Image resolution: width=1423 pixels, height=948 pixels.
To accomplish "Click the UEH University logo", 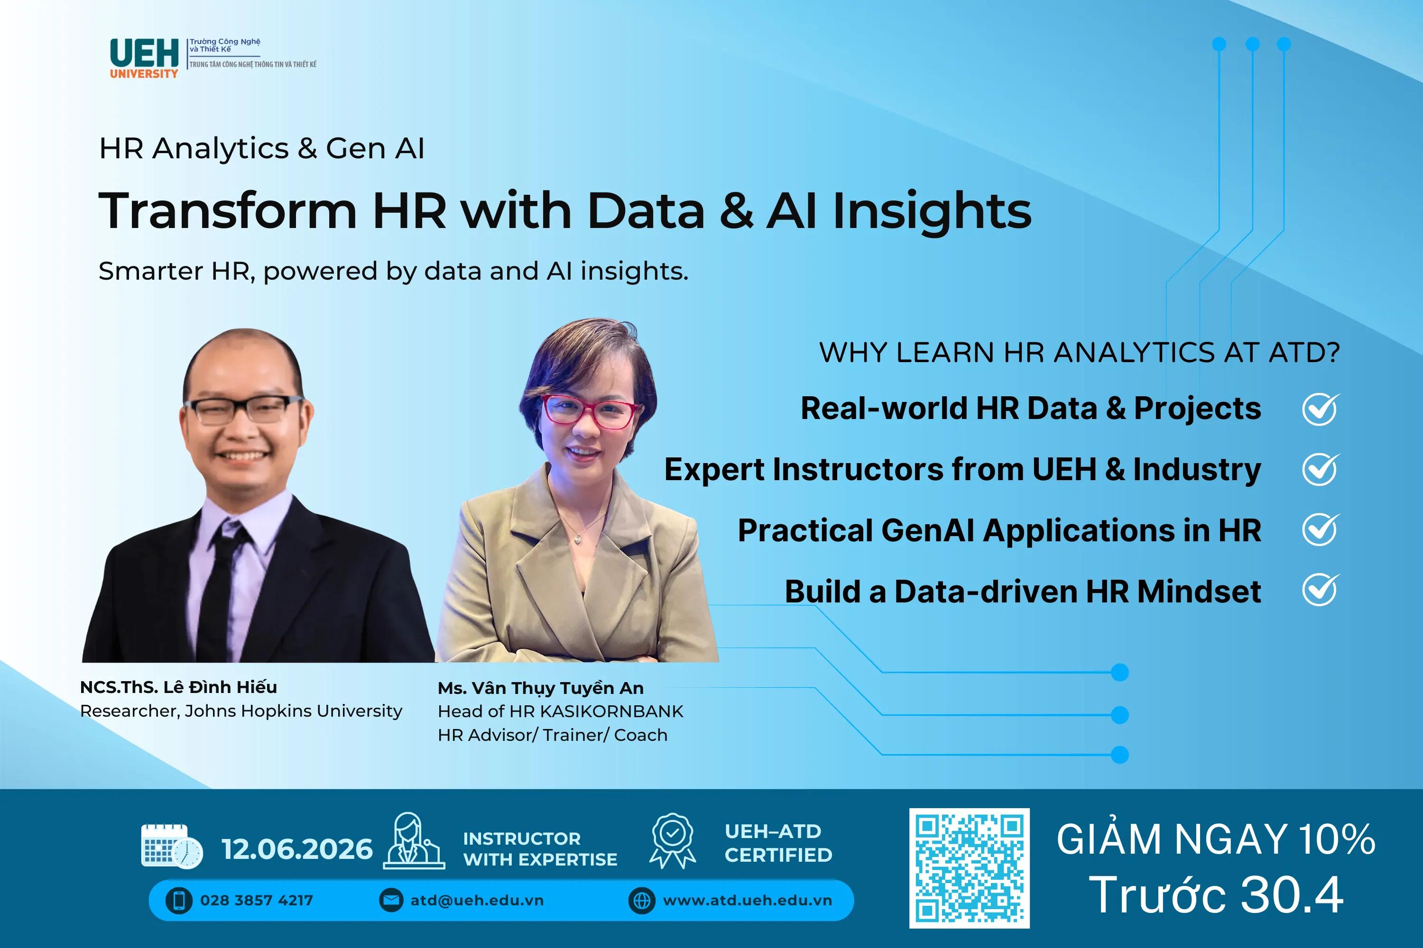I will pyautogui.click(x=144, y=58).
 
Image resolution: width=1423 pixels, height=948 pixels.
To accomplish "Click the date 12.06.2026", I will pyautogui.click(x=297, y=849).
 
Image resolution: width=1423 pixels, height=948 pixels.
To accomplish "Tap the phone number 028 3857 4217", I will pyautogui.click(x=257, y=900).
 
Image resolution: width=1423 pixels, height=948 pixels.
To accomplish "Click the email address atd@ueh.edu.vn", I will pyautogui.click(x=477, y=900).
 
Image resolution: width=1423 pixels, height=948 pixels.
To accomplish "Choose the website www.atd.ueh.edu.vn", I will pyautogui.click(x=747, y=900).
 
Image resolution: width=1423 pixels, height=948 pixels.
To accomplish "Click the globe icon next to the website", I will pyautogui.click(x=641, y=900).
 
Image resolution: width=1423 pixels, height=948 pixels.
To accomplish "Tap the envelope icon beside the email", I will pyautogui.click(x=391, y=900).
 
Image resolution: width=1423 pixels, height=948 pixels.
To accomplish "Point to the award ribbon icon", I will pyautogui.click(x=672, y=841).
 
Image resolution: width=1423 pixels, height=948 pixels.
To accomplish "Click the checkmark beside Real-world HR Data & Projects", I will pyautogui.click(x=1320, y=410).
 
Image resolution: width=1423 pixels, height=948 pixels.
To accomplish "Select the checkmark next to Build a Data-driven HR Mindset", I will pyautogui.click(x=1320, y=590).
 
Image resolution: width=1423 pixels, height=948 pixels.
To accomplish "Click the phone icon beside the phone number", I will pyautogui.click(x=179, y=900).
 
